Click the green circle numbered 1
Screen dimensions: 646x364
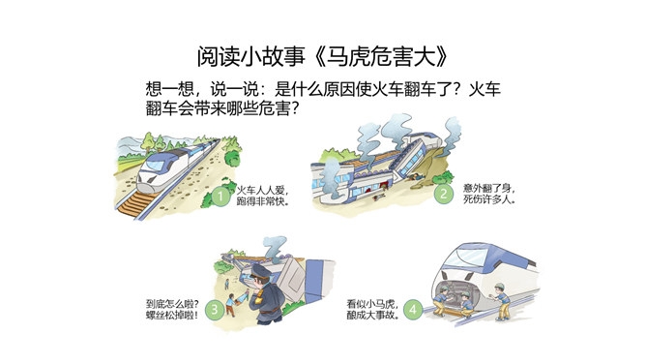pos(220,197)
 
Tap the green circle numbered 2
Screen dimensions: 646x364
pos(443,194)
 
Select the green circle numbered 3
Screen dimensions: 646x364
pos(215,309)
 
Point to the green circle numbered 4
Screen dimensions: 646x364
pos(413,309)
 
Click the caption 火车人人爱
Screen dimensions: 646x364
pos(261,191)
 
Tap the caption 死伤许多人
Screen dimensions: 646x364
pos(488,199)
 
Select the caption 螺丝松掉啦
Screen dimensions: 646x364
pos(172,316)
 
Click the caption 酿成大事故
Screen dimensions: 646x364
pos(372,316)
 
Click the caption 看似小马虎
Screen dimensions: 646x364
pos(372,304)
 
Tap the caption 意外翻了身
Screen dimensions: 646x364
pos(488,189)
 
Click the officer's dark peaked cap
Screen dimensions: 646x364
pos(260,272)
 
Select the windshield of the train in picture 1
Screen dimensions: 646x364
pos(155,165)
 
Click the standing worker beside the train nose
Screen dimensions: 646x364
pos(500,302)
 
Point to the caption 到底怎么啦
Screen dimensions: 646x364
pos(172,304)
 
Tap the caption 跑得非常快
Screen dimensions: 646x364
pos(262,201)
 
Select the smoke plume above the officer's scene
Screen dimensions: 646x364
pos(276,247)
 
